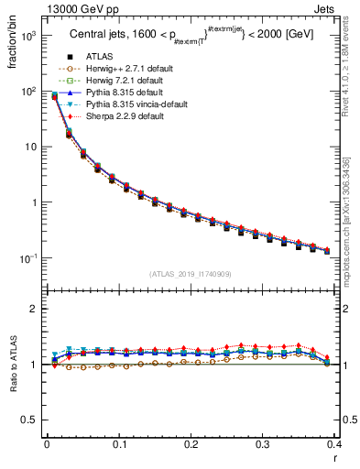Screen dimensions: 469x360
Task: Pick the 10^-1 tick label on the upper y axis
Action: click(29, 258)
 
